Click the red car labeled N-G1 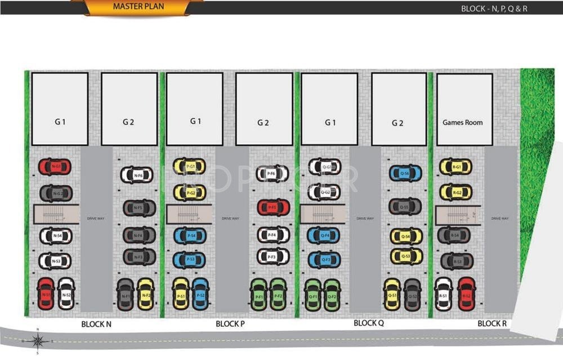pyautogui.click(x=55, y=166)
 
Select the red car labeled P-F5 pyautogui.click(x=273, y=207)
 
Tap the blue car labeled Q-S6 pyautogui.click(x=405, y=174)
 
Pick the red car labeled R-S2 pyautogui.click(x=466, y=294)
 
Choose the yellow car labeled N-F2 pyautogui.click(x=146, y=294)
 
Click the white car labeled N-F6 pyautogui.click(x=137, y=175)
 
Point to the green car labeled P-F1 pyautogui.click(x=259, y=294)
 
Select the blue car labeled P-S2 pyautogui.click(x=200, y=294)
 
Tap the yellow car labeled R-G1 pyautogui.click(x=455, y=167)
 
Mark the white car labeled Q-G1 pyautogui.click(x=324, y=166)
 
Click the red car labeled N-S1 pyautogui.click(x=46, y=294)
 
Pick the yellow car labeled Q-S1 pyautogui.click(x=392, y=294)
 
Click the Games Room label pyautogui.click(x=462, y=122)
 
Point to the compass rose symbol pyautogui.click(x=38, y=340)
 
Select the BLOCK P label pyautogui.click(x=230, y=324)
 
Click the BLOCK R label pyautogui.click(x=492, y=323)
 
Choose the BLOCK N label pyautogui.click(x=96, y=324)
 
